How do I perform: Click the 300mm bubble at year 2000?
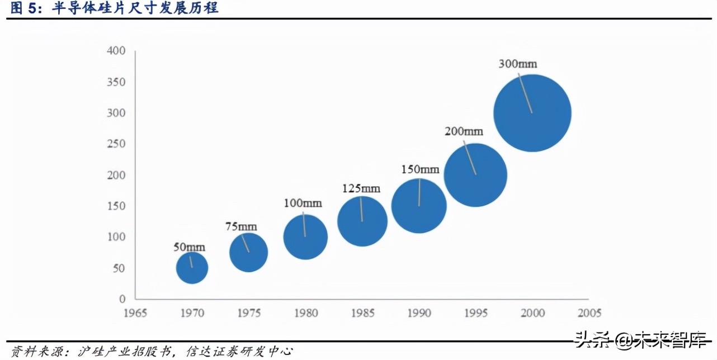(532, 113)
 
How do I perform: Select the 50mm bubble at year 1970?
(192, 268)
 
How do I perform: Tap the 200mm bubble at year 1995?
(475, 175)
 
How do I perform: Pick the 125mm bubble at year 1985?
(362, 221)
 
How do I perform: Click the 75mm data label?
(241, 226)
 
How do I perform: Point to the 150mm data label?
(420, 169)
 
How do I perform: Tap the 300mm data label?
(517, 64)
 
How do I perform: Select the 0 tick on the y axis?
(122, 299)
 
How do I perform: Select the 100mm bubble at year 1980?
(305, 236)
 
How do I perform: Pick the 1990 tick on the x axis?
(418, 312)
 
